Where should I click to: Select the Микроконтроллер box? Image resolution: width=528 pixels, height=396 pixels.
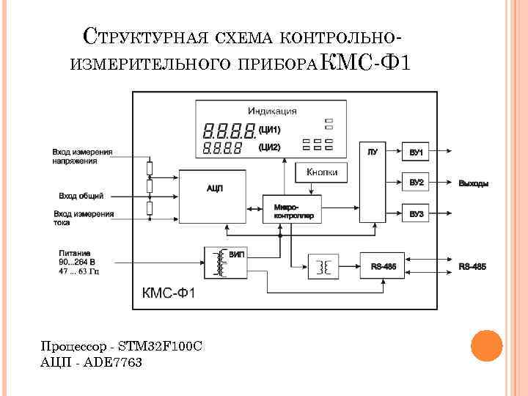coord(292,210)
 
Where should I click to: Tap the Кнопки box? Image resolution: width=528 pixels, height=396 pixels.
coord(322,172)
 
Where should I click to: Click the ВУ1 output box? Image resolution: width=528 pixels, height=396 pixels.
coord(417,153)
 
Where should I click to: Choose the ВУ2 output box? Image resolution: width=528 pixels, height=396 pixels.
coord(417,183)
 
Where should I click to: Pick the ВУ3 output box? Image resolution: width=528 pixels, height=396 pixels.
coord(417,213)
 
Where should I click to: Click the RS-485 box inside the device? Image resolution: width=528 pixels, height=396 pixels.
coord(383,266)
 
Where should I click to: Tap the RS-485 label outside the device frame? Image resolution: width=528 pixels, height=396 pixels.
coord(472,266)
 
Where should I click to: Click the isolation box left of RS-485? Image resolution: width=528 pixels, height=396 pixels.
coord(323,265)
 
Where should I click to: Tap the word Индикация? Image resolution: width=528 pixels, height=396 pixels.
coord(272,111)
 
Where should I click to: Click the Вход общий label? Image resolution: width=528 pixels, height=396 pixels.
coord(81,196)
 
